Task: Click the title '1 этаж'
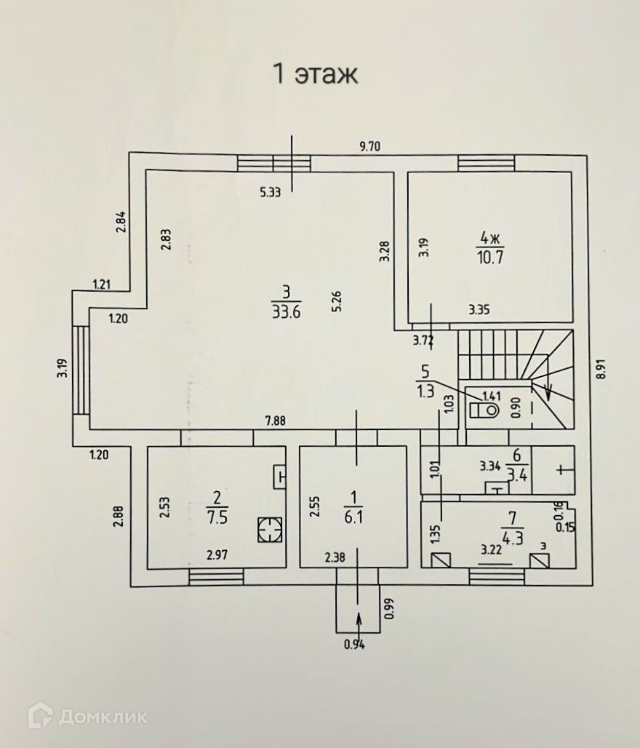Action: [315, 73]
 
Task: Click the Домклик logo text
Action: [103, 717]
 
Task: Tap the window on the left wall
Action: [81, 370]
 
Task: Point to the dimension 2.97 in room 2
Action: [216, 556]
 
